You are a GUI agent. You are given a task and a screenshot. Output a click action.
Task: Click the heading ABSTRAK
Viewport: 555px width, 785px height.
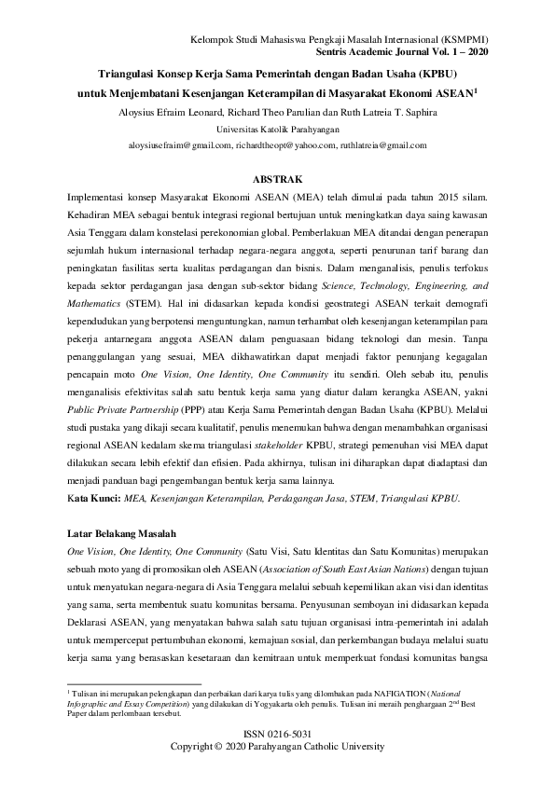pyautogui.click(x=277, y=177)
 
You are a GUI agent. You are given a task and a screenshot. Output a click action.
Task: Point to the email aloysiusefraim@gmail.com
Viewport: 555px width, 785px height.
pyautogui.click(x=181, y=145)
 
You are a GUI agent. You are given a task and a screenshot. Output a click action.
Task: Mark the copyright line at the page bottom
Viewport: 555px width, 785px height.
pyautogui.click(x=277, y=748)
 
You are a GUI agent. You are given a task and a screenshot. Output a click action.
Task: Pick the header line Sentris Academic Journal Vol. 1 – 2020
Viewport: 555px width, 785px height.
pyautogui.click(x=409, y=53)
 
